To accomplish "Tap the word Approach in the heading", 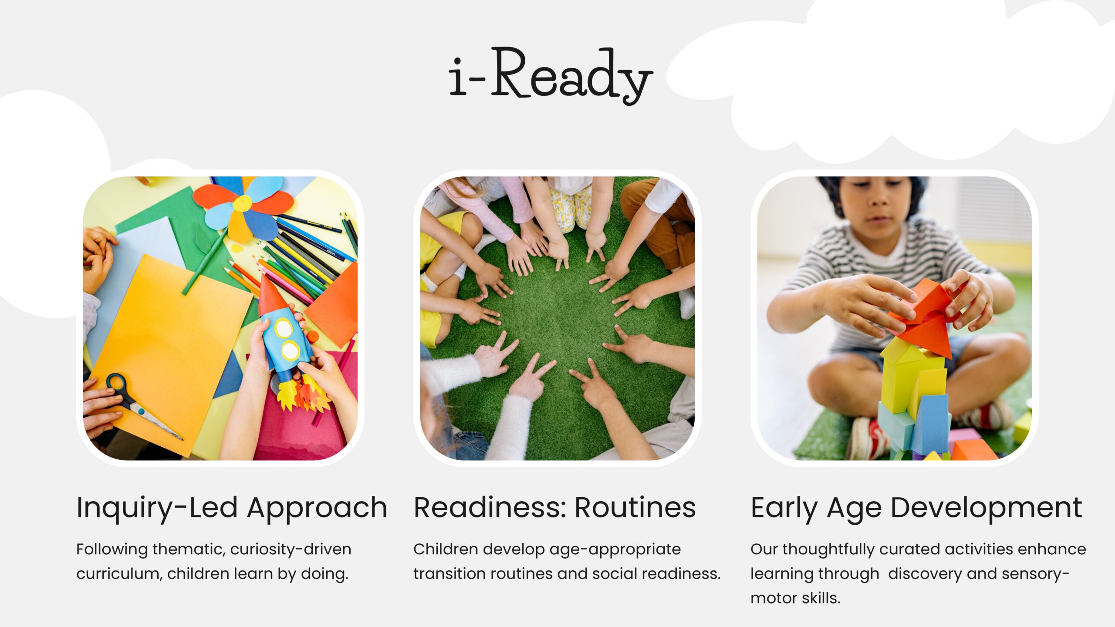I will click(x=317, y=508).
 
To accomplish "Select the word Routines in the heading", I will click(x=635, y=508).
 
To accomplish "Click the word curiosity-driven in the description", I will click(x=291, y=549).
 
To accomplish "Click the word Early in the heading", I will click(x=784, y=508).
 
